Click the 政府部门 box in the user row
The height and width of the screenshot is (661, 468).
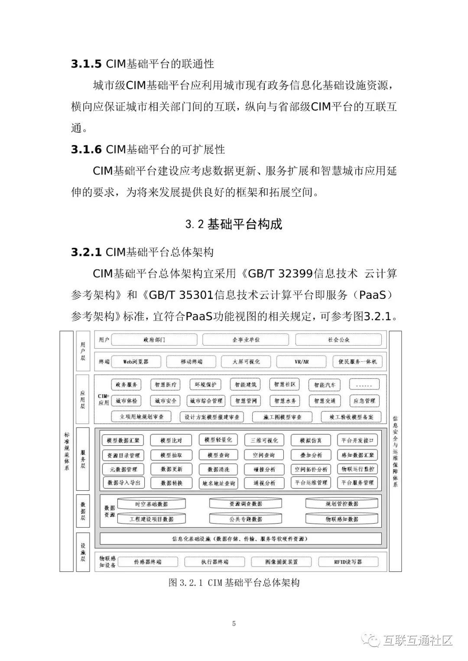click(x=154, y=340)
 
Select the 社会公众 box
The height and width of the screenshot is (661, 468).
click(x=339, y=340)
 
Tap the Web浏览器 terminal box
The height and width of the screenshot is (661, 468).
click(x=136, y=361)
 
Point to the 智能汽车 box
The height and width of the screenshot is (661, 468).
click(x=325, y=385)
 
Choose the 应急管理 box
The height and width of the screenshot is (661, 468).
click(x=364, y=401)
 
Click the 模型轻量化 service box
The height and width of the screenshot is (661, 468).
click(x=218, y=440)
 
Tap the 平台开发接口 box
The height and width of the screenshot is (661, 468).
click(x=357, y=440)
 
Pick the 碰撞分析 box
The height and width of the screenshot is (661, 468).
click(x=264, y=469)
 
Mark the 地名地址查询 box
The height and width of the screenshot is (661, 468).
click(x=218, y=483)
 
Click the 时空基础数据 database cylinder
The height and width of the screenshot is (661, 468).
click(x=151, y=504)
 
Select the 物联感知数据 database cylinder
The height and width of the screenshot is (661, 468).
click(x=342, y=519)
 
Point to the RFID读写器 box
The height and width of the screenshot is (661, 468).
click(x=348, y=562)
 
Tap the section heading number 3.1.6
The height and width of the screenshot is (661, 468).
click(x=86, y=149)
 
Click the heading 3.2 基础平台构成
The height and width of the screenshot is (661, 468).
click(x=234, y=224)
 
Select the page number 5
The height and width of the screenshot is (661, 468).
click(x=234, y=624)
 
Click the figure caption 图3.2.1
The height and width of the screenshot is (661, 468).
click(x=234, y=583)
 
